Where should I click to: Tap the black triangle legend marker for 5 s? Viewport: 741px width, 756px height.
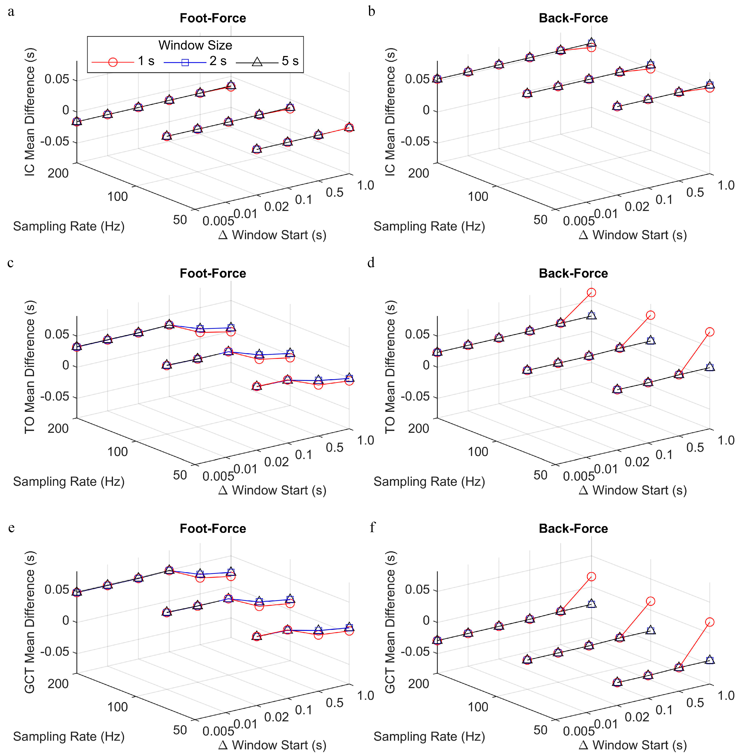pos(257,61)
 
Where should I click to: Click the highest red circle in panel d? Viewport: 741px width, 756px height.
pos(591,292)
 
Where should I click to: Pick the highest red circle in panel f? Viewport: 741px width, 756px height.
pos(591,576)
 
